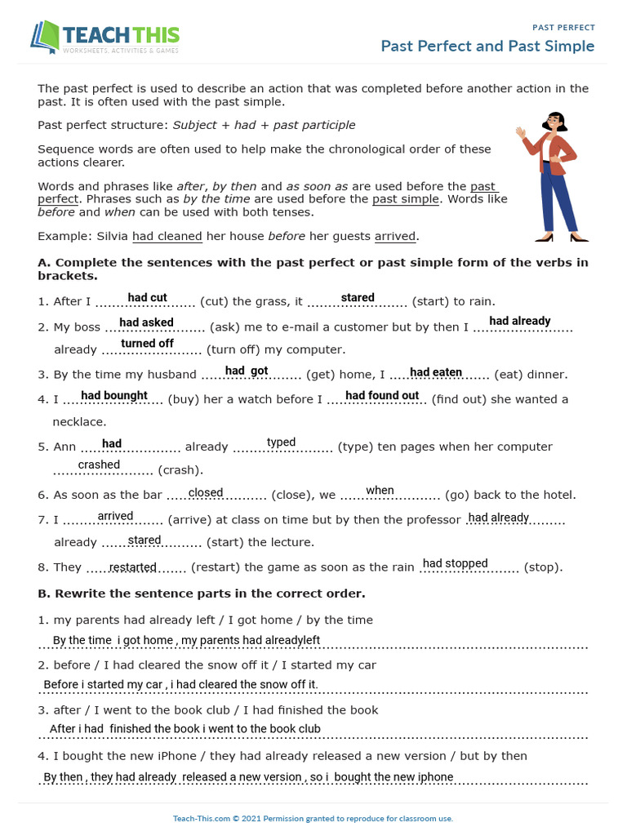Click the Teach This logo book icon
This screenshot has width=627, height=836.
click(x=46, y=38)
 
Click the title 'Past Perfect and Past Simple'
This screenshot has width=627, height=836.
click(x=487, y=46)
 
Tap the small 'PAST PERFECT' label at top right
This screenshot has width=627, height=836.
click(x=563, y=27)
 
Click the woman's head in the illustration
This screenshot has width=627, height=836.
click(x=555, y=122)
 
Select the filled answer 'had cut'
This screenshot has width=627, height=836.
click(x=148, y=298)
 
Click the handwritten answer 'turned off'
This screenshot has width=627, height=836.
click(x=148, y=344)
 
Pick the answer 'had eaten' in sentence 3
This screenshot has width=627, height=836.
click(x=436, y=372)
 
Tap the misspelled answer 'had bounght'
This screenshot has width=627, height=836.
click(x=114, y=396)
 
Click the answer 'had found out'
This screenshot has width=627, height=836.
click(x=382, y=396)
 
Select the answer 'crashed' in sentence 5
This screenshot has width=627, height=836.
click(x=99, y=465)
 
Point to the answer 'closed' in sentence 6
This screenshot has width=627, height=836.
click(x=206, y=492)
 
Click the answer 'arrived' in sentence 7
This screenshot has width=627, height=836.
click(x=115, y=516)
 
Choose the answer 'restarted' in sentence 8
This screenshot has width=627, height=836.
click(x=133, y=567)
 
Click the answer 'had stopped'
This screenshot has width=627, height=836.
click(x=455, y=563)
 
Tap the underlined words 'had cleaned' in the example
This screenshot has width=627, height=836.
click(x=167, y=237)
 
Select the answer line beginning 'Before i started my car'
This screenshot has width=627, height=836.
click(x=180, y=684)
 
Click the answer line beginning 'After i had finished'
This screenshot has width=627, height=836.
click(x=185, y=729)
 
